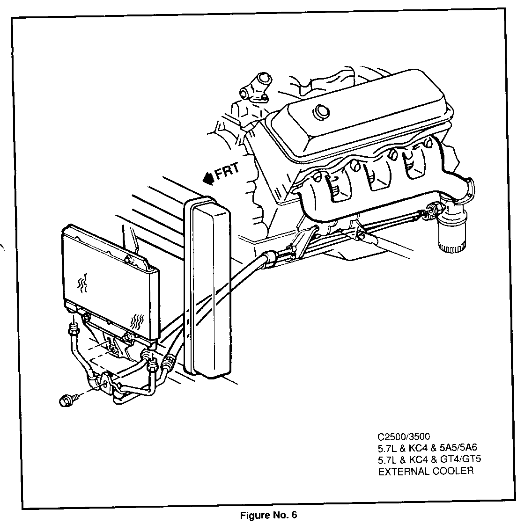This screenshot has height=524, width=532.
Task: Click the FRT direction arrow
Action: (208, 178)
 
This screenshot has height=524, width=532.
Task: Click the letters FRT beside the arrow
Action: (227, 171)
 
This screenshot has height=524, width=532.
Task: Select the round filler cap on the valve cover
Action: (321, 111)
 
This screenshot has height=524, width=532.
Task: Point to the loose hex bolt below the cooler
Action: (68, 400)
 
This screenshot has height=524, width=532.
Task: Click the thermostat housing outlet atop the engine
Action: (254, 87)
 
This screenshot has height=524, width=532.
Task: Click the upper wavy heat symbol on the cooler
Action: (82, 283)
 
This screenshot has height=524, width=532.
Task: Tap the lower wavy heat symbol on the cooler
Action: (137, 322)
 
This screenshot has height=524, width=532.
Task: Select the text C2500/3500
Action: (404, 436)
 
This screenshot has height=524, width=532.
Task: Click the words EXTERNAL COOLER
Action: (426, 471)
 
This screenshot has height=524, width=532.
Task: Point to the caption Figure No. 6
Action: (268, 515)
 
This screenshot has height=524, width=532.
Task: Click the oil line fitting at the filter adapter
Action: (432, 210)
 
